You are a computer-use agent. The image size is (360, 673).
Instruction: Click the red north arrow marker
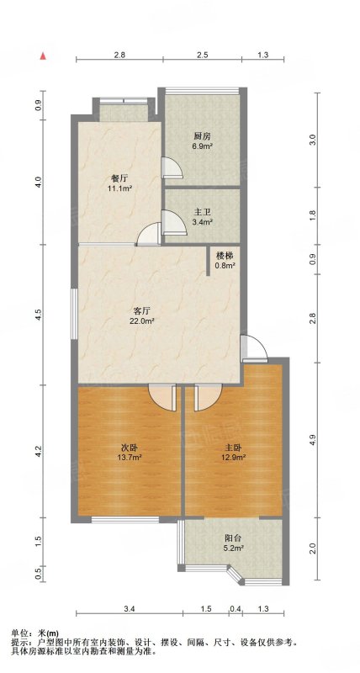(43, 56)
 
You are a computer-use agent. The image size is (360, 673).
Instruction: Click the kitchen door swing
(172, 167)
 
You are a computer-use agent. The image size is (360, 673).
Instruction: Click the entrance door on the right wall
(254, 347)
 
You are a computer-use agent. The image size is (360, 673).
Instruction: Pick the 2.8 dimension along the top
(119, 55)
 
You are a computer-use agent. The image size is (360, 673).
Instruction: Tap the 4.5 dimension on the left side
(39, 315)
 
